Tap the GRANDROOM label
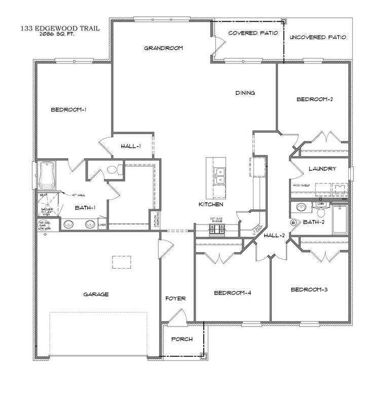click(x=163, y=48)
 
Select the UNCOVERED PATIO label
click(x=318, y=38)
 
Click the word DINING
click(x=245, y=93)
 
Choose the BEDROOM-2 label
click(x=315, y=99)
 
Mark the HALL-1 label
click(x=131, y=147)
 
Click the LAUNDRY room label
click(x=322, y=169)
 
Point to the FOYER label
click(x=175, y=299)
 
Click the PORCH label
click(x=181, y=339)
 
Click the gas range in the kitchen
click(x=217, y=230)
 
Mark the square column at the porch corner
click(x=203, y=355)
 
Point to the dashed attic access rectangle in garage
click(x=122, y=262)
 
